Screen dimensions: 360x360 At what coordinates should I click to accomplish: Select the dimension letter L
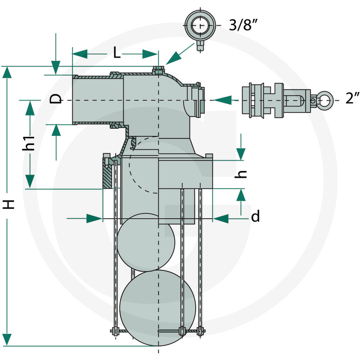click(117, 54)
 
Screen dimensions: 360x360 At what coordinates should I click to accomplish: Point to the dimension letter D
click(56, 99)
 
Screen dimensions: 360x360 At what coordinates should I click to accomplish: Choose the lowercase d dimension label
click(255, 217)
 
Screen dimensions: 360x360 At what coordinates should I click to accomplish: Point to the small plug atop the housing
click(158, 70)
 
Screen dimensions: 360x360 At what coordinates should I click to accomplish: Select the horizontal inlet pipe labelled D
click(97, 99)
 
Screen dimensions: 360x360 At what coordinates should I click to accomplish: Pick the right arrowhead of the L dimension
click(150, 54)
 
